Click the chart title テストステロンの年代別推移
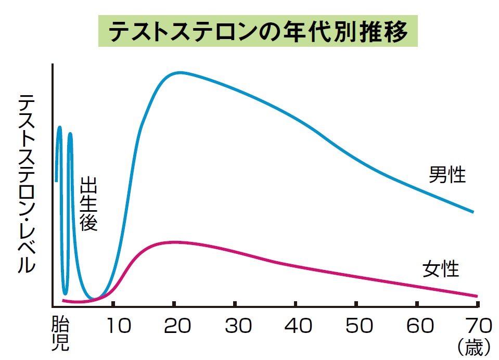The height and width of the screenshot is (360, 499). (258, 33)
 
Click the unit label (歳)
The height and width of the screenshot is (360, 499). (474, 348)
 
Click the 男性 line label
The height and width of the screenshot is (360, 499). (447, 175)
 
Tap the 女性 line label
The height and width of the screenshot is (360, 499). (441, 269)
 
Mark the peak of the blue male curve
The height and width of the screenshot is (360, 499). (180, 72)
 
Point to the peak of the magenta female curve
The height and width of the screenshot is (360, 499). (174, 242)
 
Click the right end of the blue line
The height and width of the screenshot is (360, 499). (473, 212)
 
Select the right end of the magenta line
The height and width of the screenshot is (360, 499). (477, 296)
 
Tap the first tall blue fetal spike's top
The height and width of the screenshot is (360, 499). (60, 127)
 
